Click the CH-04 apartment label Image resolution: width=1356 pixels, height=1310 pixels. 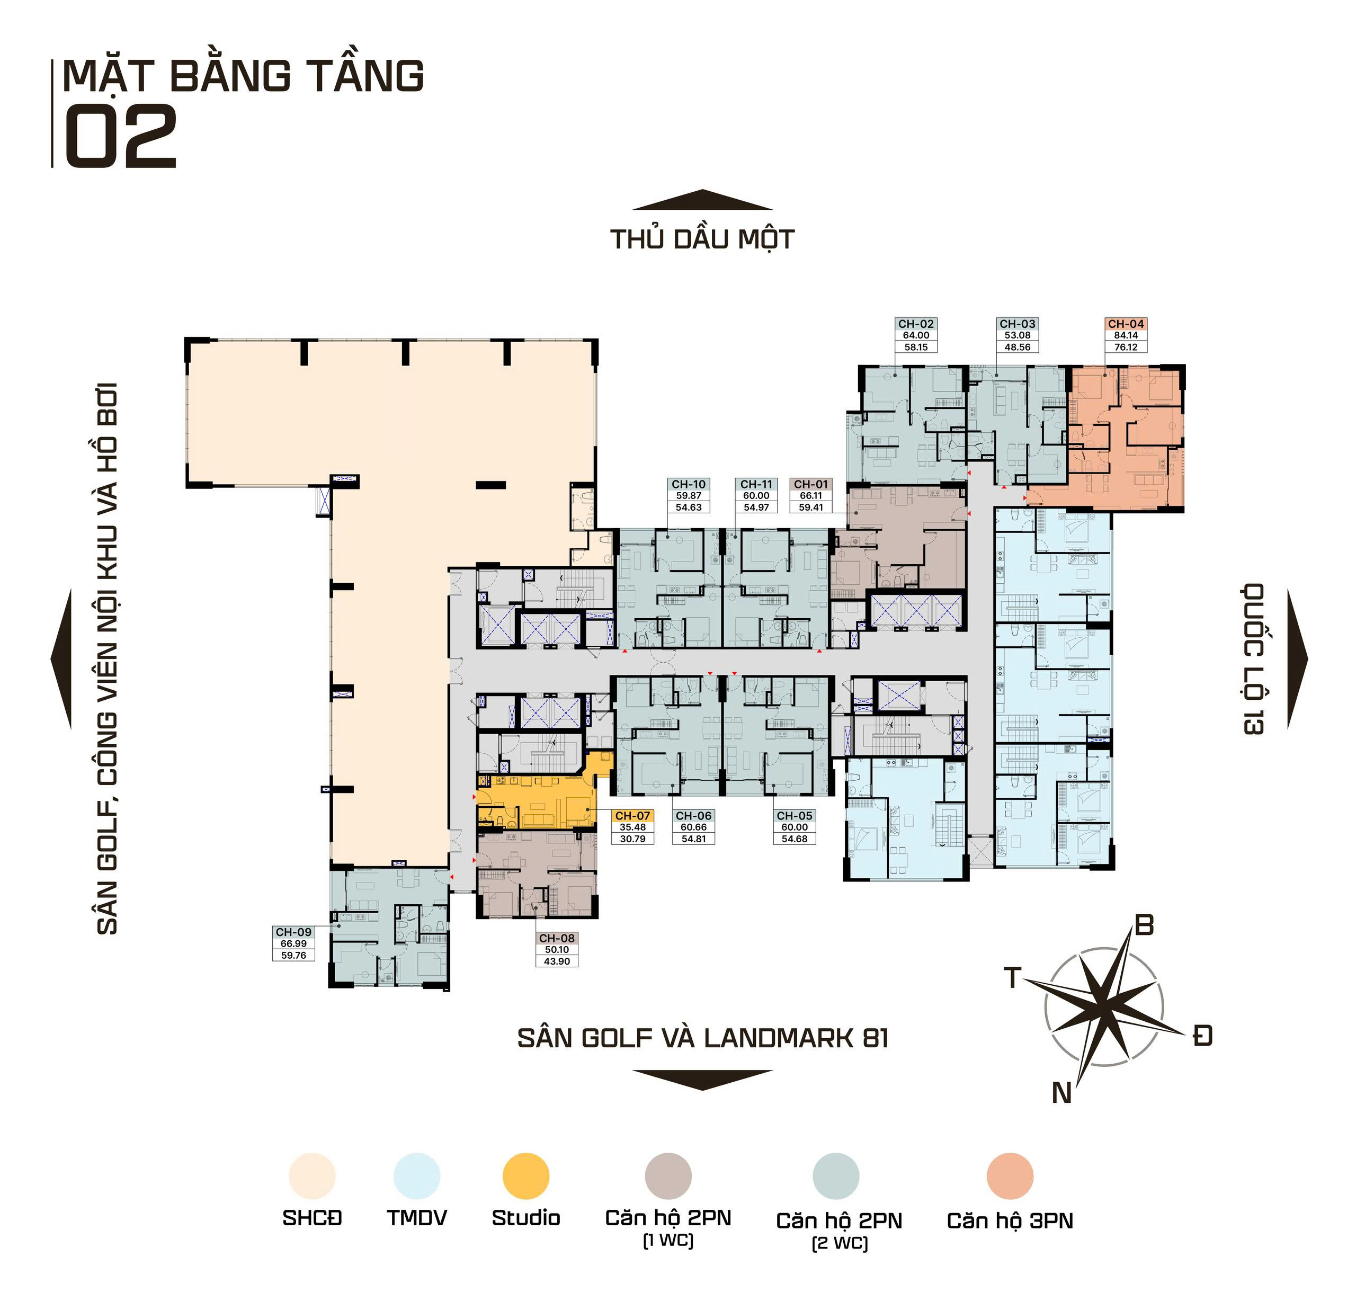pos(1126,324)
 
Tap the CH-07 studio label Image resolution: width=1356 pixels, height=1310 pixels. pos(632,816)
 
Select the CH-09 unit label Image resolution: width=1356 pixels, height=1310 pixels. pos(293,932)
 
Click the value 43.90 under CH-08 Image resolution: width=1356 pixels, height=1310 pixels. pos(557,961)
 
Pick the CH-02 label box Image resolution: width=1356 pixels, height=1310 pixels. pos(916,335)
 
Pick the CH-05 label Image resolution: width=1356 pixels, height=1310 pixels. pos(794,816)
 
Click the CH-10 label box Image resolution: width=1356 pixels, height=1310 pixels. pos(689,495)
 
